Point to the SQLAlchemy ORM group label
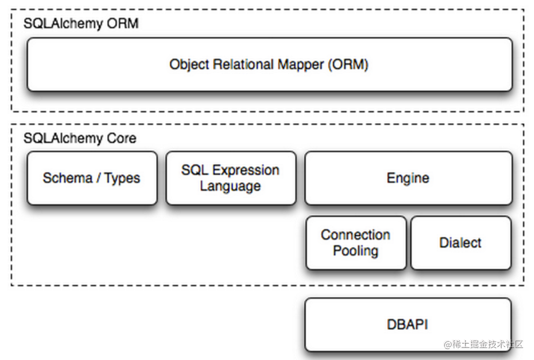[81, 23]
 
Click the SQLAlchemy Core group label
[80, 138]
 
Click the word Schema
[64, 178]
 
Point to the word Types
[122, 178]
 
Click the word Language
[230, 186]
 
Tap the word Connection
[355, 235]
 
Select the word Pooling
[355, 251]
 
